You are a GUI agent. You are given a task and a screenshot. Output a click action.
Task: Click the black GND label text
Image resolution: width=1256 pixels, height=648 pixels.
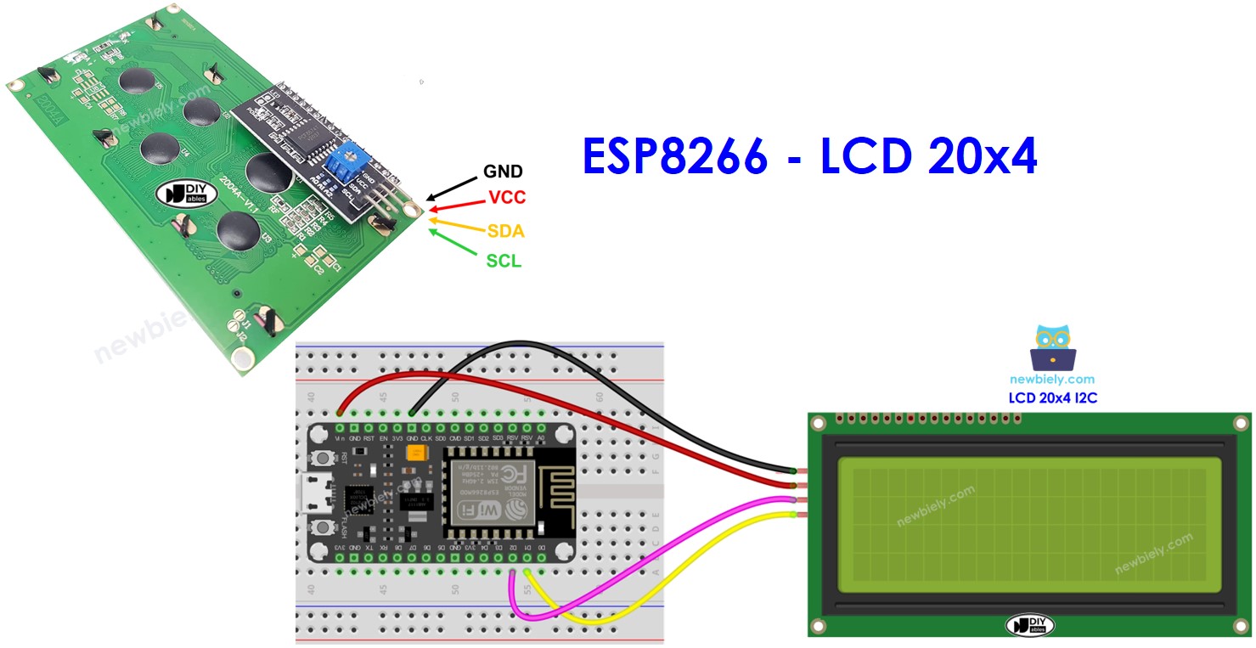pyautogui.click(x=503, y=172)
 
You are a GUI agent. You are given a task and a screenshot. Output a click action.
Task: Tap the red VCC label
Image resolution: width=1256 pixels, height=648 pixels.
pyautogui.click(x=507, y=198)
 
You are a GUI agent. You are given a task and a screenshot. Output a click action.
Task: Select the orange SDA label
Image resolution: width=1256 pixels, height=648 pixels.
pyautogui.click(x=505, y=231)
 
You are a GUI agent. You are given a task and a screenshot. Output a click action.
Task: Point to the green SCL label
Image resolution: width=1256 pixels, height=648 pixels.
pyautogui.click(x=504, y=262)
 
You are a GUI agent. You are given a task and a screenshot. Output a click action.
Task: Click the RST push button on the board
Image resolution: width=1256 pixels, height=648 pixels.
pyautogui.click(x=324, y=459)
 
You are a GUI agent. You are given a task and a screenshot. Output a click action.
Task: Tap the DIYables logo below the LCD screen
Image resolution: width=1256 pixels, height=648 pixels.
pyautogui.click(x=1029, y=626)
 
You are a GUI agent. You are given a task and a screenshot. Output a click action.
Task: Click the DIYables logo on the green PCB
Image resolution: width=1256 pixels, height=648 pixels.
pyautogui.click(x=183, y=194)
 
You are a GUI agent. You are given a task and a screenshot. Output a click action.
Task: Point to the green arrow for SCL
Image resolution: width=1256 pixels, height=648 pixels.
pyautogui.click(x=450, y=239)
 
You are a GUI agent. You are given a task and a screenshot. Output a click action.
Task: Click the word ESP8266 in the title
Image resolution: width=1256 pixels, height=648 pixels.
pyautogui.click(x=675, y=157)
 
